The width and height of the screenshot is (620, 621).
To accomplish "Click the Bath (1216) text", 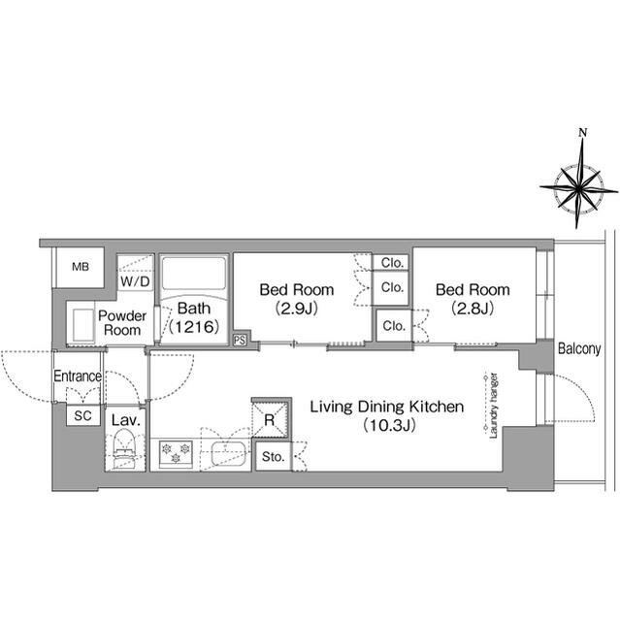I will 192,319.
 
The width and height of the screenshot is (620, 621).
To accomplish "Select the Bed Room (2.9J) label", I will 296,299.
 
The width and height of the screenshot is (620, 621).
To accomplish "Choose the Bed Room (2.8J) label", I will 473,299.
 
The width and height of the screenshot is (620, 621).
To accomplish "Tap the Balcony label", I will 580,349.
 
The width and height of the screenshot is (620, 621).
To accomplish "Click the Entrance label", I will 77,376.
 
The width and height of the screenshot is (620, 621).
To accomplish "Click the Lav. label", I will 124,420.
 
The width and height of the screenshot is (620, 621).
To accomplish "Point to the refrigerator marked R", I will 270,419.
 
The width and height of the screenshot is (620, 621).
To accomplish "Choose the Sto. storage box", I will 271,456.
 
